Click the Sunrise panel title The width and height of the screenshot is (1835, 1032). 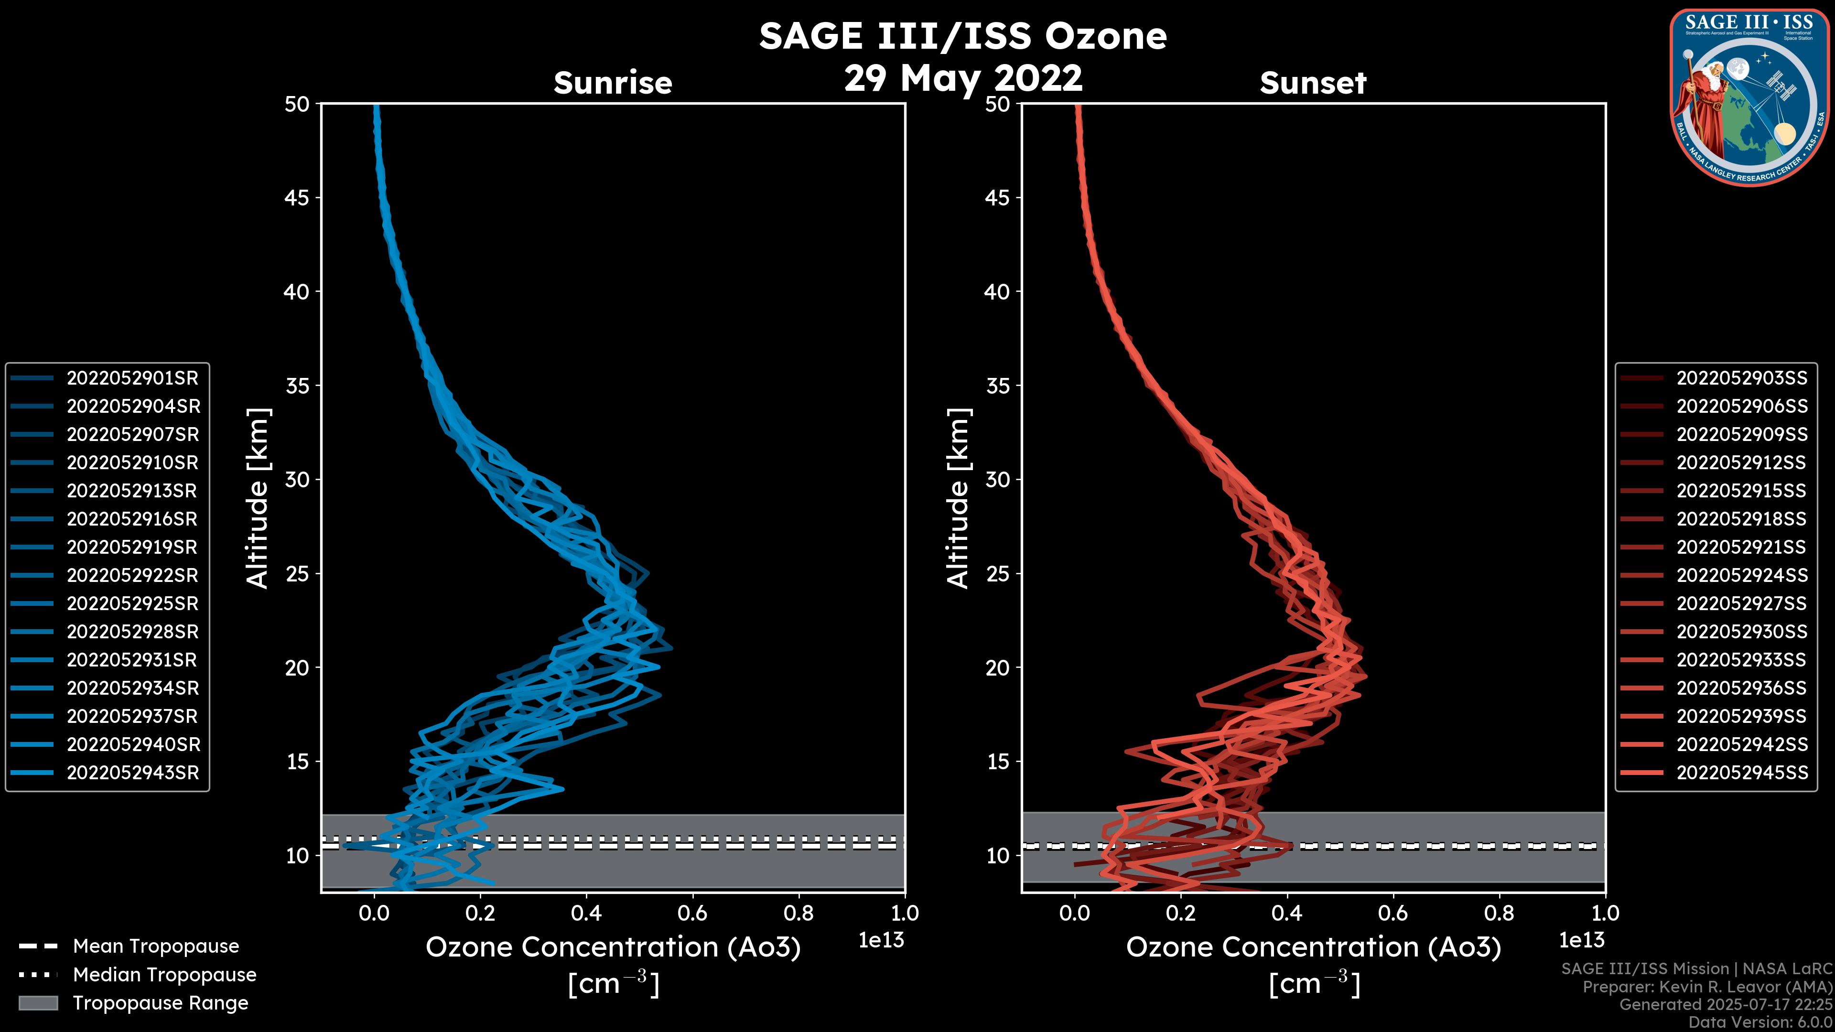pos(613,83)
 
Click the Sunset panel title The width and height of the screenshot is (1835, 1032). pos(1313,83)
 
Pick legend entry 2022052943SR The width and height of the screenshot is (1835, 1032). pos(132,773)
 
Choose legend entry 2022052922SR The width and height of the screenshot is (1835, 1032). pos(132,575)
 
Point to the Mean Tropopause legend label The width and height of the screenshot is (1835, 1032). pos(156,946)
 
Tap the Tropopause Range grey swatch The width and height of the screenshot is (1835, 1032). pos(38,1003)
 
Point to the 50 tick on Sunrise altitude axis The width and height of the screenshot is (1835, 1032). pos(297,105)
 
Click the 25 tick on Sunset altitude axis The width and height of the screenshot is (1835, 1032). pos(997,574)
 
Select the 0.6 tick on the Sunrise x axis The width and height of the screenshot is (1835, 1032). pos(692,913)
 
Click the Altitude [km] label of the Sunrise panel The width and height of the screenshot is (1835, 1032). pos(258,498)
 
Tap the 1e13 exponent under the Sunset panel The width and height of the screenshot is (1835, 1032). pos(1581,941)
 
